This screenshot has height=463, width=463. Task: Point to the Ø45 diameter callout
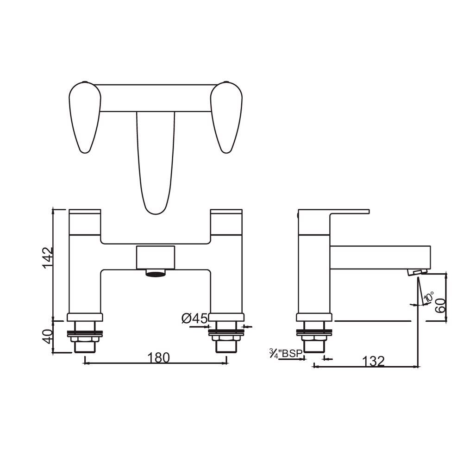coord(194,319)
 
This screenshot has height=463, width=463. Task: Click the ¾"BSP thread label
coord(286,354)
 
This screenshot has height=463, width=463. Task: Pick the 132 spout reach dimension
coord(374,361)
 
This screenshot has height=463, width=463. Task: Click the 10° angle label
coord(429,298)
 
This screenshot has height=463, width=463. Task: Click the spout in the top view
coord(156,162)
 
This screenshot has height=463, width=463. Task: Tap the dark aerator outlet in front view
coord(156,273)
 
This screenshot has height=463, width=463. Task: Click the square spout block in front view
coord(156,257)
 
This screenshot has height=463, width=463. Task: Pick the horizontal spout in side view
coord(380,257)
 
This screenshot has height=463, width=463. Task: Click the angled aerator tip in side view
coord(417,272)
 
